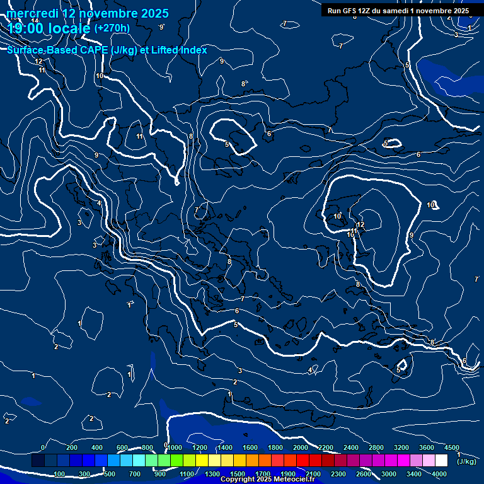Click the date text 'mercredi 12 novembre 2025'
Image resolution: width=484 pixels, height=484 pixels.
88,13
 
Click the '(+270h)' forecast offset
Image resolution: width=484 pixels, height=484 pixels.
112,28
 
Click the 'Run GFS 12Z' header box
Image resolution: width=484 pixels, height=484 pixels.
398,10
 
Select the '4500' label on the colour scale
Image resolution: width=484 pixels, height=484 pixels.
451,447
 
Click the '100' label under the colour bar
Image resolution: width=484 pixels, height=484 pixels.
60,474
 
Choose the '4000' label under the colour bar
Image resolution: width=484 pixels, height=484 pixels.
439,474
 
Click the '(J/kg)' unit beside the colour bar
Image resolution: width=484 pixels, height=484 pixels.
466,461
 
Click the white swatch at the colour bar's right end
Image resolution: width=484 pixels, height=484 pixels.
441,461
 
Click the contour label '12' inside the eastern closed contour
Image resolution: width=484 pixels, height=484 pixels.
361,224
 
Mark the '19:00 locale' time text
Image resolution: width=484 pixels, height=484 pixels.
49,28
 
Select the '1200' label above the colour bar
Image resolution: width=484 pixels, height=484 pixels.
199,447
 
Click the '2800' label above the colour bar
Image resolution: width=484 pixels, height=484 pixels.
376,447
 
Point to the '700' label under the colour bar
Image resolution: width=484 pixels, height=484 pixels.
135,474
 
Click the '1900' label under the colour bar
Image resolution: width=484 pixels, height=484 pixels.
287,474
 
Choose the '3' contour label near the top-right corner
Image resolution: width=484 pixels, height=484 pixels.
456,35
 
